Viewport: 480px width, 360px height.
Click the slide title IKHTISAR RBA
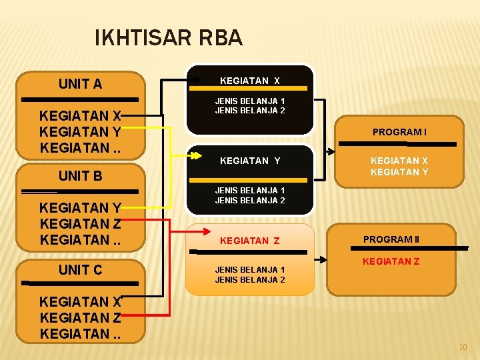click(x=169, y=38)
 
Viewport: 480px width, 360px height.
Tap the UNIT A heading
click(x=80, y=84)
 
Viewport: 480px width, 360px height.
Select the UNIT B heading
click(x=80, y=177)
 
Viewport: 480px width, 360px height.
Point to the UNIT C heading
click(x=80, y=270)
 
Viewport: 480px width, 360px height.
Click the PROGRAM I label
click(x=399, y=132)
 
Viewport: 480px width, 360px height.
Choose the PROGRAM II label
click(x=391, y=239)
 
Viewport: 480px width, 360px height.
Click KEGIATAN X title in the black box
click(x=250, y=81)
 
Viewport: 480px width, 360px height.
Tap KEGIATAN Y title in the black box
click(x=250, y=161)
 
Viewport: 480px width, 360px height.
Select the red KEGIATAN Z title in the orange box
click(x=250, y=241)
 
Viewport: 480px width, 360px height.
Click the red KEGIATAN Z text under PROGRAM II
click(x=391, y=261)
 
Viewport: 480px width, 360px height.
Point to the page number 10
click(x=463, y=347)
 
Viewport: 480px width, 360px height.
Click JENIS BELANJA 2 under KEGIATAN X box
click(x=250, y=111)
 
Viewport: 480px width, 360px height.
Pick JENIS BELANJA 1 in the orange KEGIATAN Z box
click(x=250, y=270)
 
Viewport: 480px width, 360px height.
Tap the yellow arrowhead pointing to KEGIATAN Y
click(x=197, y=157)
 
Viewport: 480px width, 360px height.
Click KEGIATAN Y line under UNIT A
click(x=80, y=131)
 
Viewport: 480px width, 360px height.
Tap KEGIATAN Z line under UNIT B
click(x=80, y=224)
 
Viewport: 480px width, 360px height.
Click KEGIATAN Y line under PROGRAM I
click(x=399, y=173)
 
